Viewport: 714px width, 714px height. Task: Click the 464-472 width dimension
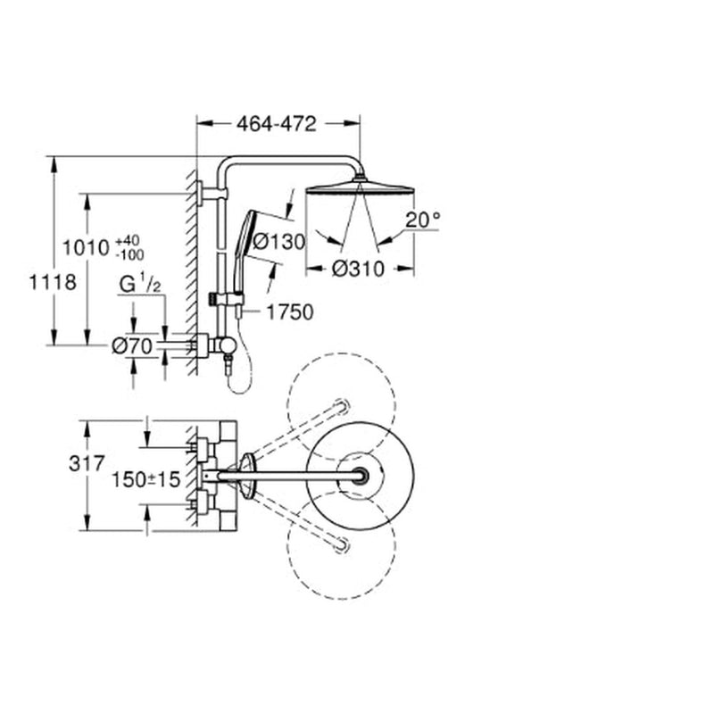277,123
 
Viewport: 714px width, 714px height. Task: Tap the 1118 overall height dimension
53,282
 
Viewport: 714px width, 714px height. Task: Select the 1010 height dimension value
86,248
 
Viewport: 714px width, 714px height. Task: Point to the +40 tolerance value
129,241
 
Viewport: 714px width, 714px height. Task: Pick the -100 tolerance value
129,254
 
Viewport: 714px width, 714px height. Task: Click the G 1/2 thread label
140,284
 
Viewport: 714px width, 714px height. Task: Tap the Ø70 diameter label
132,346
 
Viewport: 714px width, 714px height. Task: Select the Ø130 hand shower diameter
278,241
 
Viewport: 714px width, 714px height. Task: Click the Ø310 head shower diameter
359,269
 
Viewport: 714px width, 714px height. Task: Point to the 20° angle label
423,220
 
